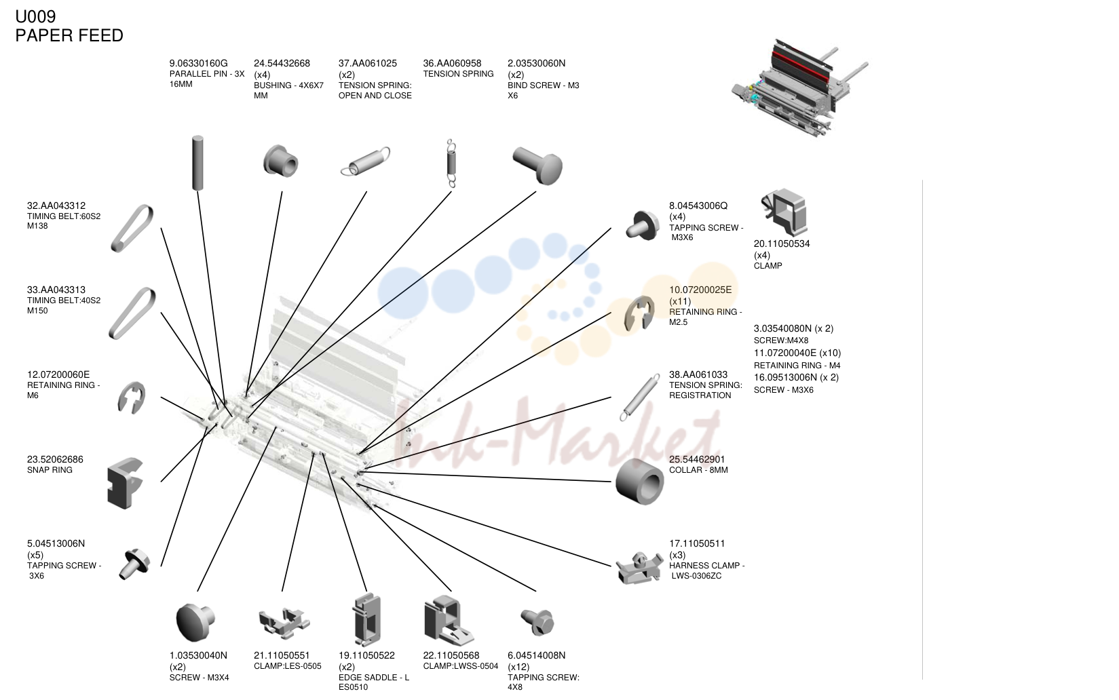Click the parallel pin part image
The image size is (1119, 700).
[x=198, y=163]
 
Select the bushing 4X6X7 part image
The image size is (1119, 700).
[x=281, y=161]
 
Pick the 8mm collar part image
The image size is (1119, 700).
[x=639, y=482]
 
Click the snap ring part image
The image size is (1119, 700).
[x=125, y=484]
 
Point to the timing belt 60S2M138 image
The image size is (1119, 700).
[x=132, y=228]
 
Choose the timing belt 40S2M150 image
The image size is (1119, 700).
[x=132, y=313]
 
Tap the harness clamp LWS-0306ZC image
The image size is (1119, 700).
[x=639, y=568]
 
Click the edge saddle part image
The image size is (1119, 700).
[x=366, y=620]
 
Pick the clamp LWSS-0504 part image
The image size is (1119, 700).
[x=448, y=621]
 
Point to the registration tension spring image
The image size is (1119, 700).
[x=639, y=398]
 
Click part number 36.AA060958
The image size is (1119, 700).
[x=452, y=63]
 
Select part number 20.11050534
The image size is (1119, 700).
[x=782, y=244]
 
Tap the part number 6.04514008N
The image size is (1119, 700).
[x=537, y=655]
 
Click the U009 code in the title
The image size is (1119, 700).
[x=35, y=17]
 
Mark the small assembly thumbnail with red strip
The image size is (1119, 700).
[x=800, y=88]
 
